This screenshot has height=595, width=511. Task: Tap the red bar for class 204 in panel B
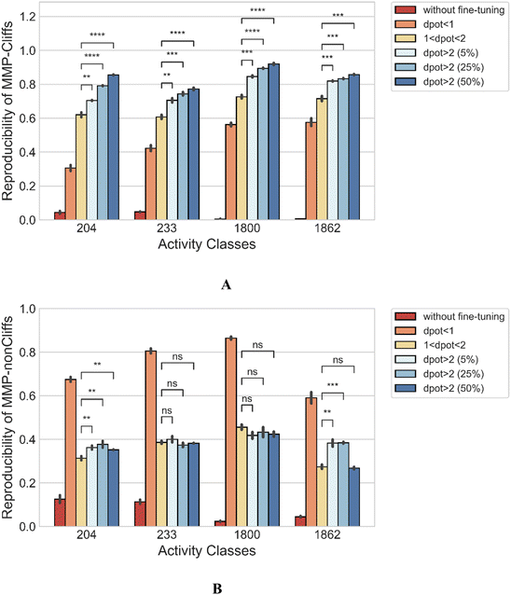point(60,513)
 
